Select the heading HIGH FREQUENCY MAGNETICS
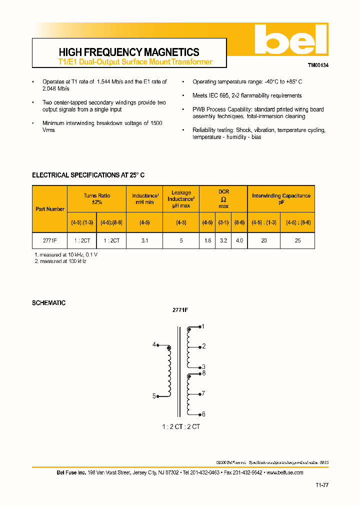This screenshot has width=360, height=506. (129, 52)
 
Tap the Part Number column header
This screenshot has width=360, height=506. (50, 209)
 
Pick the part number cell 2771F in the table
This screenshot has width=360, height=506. (50, 240)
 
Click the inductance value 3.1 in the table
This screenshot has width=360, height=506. (145, 240)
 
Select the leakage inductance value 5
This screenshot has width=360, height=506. (181, 240)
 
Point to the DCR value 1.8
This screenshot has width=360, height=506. (207, 240)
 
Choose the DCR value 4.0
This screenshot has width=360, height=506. (239, 240)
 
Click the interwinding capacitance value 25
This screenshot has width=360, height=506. (298, 240)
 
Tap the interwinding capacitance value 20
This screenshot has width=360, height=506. (264, 240)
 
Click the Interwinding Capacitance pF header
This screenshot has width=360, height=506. (281, 199)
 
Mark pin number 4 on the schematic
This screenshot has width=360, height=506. (154, 344)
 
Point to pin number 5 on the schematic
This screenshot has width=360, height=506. (154, 396)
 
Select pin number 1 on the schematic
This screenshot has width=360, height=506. (203, 326)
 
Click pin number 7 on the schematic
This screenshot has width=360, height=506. (203, 393)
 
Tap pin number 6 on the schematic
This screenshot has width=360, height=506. (203, 414)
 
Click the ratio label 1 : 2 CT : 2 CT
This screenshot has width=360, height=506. (181, 426)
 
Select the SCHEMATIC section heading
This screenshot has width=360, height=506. (48, 303)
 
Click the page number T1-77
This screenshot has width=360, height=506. (322, 485)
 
